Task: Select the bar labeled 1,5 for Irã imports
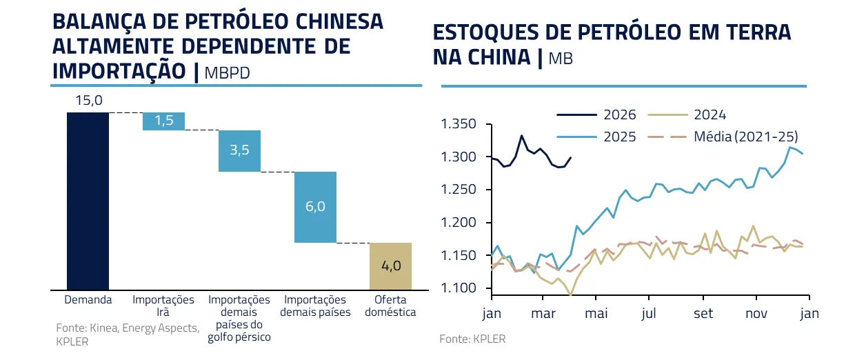(x=163, y=121)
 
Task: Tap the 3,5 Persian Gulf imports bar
(x=239, y=150)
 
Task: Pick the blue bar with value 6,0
(x=315, y=207)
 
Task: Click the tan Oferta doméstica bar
(x=391, y=266)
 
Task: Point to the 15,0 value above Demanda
(x=88, y=101)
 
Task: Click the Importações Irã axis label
(x=163, y=306)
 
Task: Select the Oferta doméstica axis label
(x=391, y=306)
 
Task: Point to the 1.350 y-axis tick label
(x=458, y=125)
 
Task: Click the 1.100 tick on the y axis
(x=458, y=288)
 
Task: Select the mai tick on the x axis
(x=596, y=313)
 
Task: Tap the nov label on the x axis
(x=756, y=313)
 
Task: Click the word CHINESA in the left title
(x=334, y=21)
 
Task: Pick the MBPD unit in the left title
(x=227, y=72)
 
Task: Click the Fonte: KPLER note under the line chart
(x=472, y=339)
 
